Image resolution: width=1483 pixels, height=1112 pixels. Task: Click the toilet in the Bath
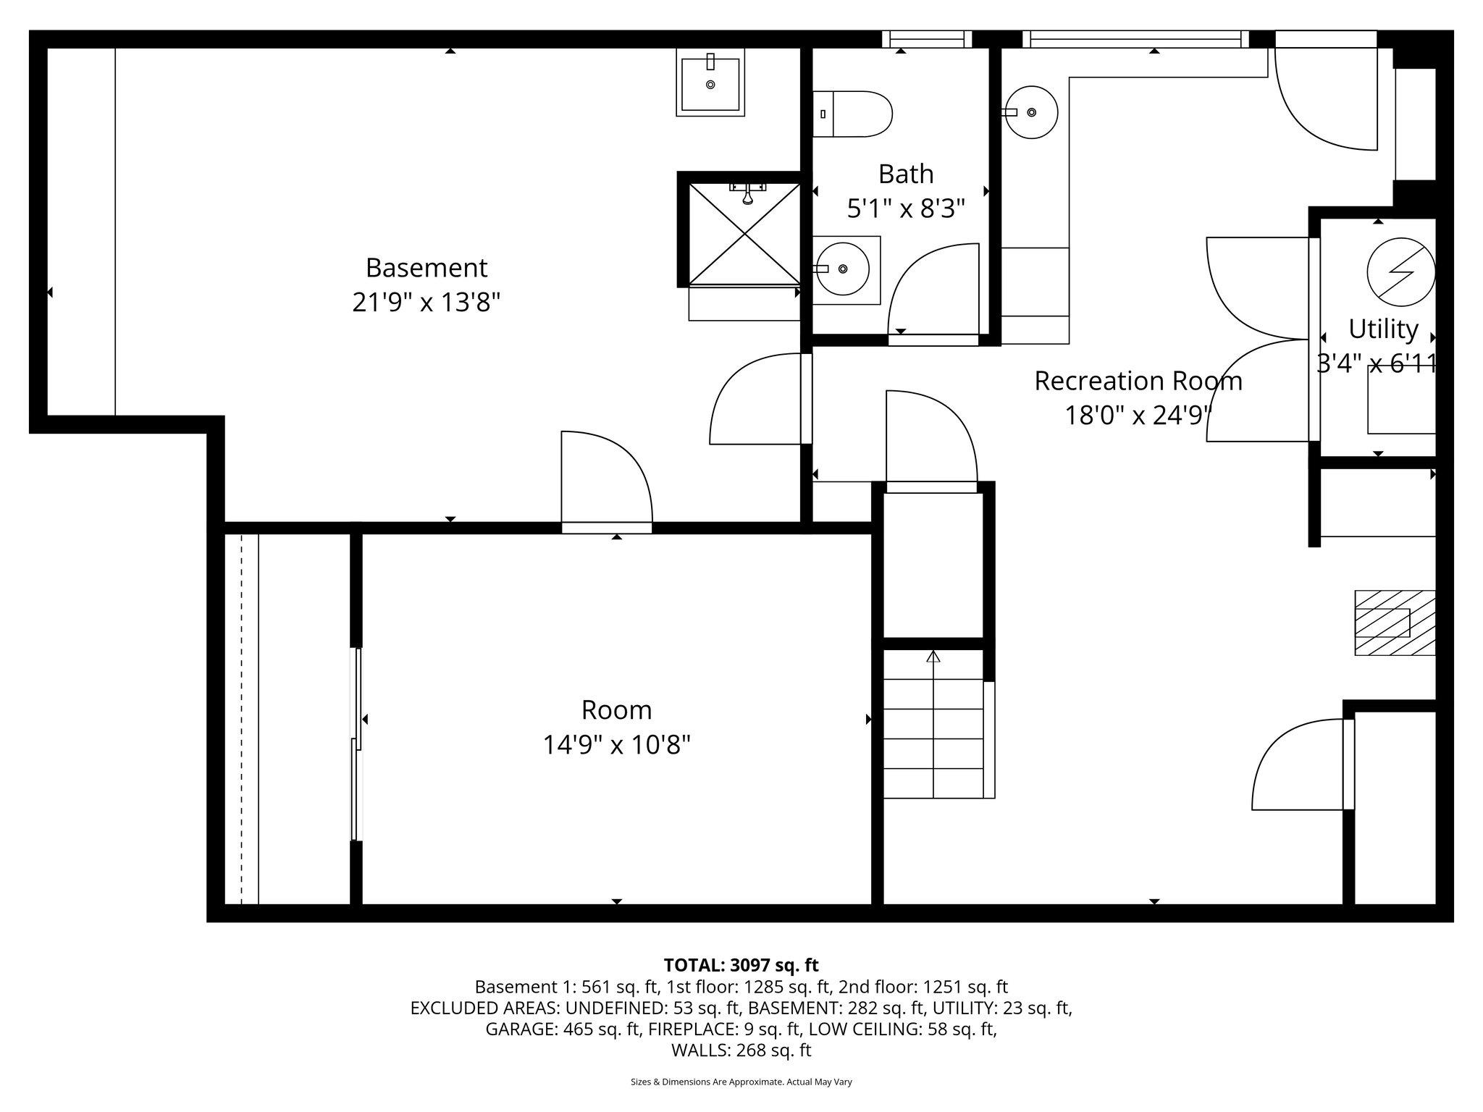pos(853,114)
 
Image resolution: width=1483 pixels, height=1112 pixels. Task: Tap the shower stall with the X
pos(744,234)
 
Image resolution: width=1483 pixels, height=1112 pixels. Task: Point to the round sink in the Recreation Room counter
pos(1031,112)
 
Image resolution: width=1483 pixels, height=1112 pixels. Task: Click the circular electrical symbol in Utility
pos(1400,271)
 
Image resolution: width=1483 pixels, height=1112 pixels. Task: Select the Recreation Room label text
pos(1138,381)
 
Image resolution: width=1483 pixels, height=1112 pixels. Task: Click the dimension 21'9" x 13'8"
pos(426,302)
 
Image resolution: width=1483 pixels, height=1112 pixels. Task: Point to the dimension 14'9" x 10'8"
pos(616,744)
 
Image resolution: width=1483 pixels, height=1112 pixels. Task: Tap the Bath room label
pos(905,174)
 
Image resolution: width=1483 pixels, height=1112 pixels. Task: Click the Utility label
pos(1382,329)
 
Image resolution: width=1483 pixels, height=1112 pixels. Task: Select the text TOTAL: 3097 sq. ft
pos(741,965)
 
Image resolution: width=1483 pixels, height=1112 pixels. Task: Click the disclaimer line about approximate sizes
pos(741,1082)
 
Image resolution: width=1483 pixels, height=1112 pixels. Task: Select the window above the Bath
pos(926,39)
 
